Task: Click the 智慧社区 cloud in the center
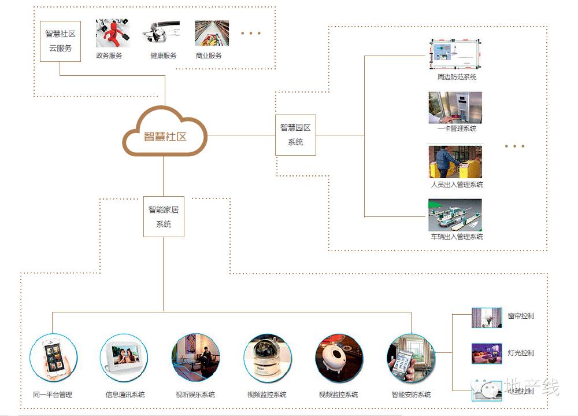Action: point(165,136)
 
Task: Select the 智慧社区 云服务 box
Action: point(60,41)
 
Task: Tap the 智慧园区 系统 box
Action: point(295,135)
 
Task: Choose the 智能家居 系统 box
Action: point(164,217)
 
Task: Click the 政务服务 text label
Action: point(109,56)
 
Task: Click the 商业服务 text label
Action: point(209,56)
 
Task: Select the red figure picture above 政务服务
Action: point(112,33)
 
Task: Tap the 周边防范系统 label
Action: point(457,77)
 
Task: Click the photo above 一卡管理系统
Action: point(455,107)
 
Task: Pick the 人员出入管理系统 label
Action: point(457,185)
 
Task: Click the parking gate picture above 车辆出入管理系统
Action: point(455,215)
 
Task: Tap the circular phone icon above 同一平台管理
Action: point(53,357)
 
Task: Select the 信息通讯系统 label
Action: point(125,395)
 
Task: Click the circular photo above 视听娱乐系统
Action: point(196,357)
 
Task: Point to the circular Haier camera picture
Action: point(267,357)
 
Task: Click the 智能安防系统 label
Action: point(411,395)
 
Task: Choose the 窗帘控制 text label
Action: point(521,316)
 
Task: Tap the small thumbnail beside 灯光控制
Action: point(486,353)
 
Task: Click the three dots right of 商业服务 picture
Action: point(251,33)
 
